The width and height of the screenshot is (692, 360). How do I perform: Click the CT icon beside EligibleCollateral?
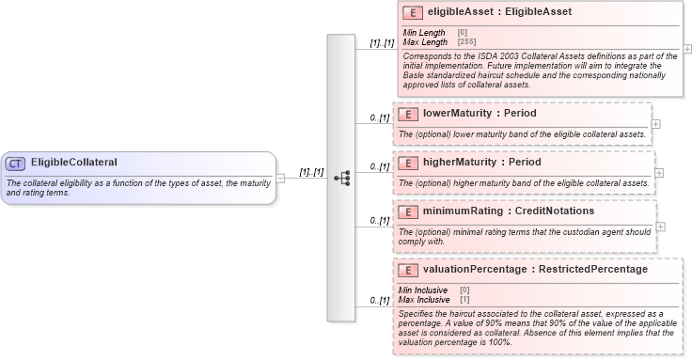pyautogui.click(x=16, y=163)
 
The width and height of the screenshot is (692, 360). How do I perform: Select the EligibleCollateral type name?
pyautogui.click(x=74, y=163)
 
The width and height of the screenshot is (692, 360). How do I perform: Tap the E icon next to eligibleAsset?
pyautogui.click(x=410, y=13)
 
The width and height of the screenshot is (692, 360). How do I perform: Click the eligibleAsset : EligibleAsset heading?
pyautogui.click(x=498, y=13)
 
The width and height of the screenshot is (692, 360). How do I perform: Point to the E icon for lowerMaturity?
pyautogui.click(x=408, y=114)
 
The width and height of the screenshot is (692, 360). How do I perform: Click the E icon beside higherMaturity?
pyautogui.click(x=408, y=163)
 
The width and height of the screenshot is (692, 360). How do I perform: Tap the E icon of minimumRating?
pyautogui.click(x=408, y=211)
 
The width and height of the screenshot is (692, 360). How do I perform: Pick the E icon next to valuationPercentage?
pyautogui.click(x=408, y=270)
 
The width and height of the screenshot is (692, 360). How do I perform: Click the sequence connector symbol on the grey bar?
pyautogui.click(x=341, y=177)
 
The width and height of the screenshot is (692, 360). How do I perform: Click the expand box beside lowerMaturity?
pyautogui.click(x=656, y=123)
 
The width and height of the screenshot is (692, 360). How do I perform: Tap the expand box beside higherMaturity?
pyautogui.click(x=659, y=172)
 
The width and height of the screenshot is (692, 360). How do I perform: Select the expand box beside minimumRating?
pyautogui.click(x=661, y=227)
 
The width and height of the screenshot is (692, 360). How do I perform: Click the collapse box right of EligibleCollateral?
pyautogui.click(x=280, y=177)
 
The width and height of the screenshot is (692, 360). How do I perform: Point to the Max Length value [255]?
pyautogui.click(x=466, y=42)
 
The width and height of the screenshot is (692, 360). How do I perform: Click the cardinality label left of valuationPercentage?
pyautogui.click(x=380, y=301)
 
